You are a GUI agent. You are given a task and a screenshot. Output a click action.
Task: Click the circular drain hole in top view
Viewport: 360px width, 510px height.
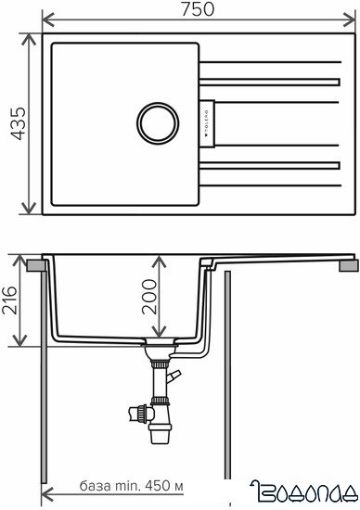(158, 121)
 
